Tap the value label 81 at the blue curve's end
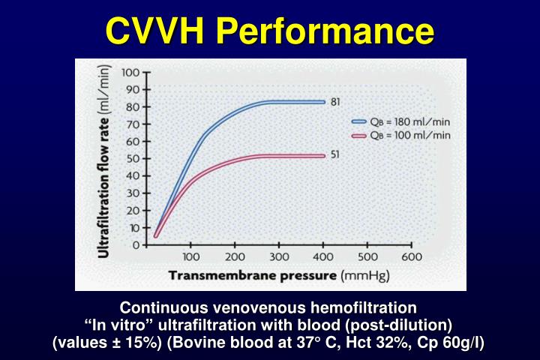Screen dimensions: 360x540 coord(335,102)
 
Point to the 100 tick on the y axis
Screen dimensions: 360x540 coord(130,73)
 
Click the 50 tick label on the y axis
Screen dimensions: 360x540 coord(133,159)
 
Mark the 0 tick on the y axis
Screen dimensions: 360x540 coord(136,245)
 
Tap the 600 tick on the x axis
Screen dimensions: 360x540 coord(412,256)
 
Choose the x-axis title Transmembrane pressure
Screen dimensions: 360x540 coord(253,275)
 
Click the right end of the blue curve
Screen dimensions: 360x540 coord(324,102)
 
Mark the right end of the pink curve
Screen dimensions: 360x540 coord(324,155)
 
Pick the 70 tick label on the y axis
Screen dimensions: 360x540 coord(133,124)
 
